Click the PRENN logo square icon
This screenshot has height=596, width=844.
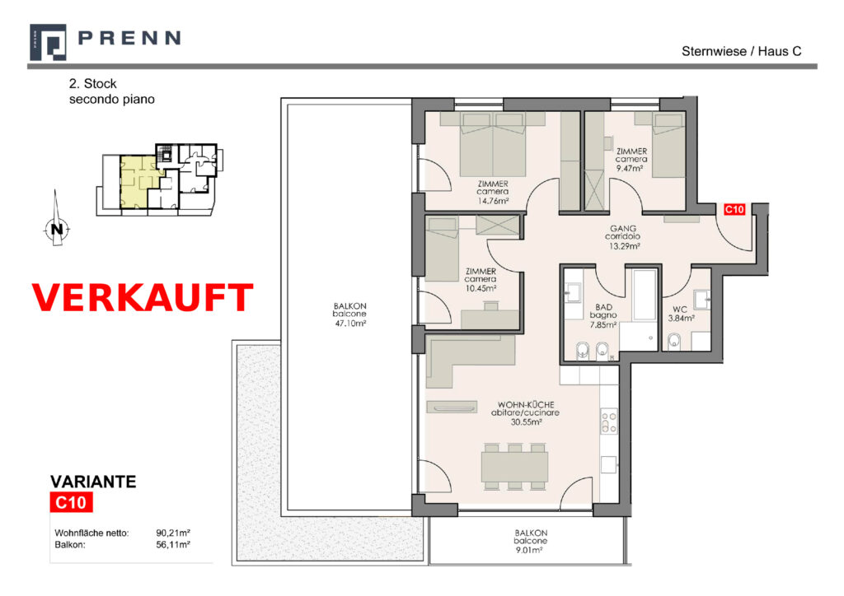click(48, 42)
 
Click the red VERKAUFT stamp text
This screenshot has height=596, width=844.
click(143, 297)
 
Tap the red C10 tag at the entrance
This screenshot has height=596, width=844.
click(734, 210)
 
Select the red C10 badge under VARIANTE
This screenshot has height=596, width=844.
click(71, 502)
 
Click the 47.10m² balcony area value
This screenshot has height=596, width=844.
click(350, 324)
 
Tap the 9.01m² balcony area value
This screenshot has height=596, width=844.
click(530, 550)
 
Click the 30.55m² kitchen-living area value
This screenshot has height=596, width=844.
click(526, 421)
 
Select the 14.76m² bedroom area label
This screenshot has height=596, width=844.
click(493, 201)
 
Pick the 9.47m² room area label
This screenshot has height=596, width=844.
click(630, 168)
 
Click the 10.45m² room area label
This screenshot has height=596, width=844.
click(481, 288)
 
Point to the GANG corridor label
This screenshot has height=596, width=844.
click(623, 228)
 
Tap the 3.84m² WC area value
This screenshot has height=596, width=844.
click(681, 318)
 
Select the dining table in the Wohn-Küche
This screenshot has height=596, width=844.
click(514, 467)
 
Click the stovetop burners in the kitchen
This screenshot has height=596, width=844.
click(609, 421)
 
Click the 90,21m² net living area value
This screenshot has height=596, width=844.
click(173, 533)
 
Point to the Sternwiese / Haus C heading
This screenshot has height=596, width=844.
click(741, 52)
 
